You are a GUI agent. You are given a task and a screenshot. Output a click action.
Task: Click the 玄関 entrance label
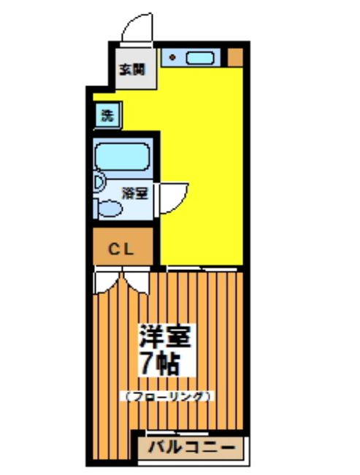coord(131,71)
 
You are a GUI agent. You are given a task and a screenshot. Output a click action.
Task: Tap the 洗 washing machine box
coord(107,115)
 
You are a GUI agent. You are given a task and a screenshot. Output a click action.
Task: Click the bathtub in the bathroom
coord(122,157)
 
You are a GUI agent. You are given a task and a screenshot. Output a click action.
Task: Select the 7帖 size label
coord(160,363)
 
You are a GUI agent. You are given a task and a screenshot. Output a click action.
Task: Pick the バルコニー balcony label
coord(191,447)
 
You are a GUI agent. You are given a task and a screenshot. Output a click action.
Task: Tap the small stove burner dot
coord(173,56)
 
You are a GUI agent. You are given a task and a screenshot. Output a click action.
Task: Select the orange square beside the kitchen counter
coord(235,56)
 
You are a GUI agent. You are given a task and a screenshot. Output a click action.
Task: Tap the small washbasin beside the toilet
coord(99,184)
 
